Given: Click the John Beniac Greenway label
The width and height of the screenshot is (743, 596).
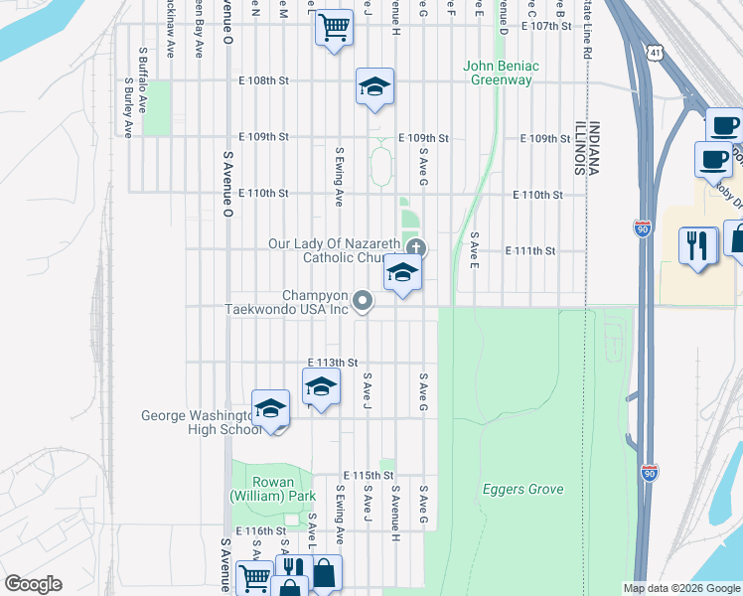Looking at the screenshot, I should (501, 73).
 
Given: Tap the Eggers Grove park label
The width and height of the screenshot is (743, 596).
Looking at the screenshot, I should (522, 489).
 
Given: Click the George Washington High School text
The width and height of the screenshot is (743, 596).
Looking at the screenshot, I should (202, 422).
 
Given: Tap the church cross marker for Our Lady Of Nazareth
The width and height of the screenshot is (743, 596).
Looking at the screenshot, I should (416, 247).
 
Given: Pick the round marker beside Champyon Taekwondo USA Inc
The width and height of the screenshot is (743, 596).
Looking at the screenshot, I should (364, 300).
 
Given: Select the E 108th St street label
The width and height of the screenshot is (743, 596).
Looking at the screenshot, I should (261, 80).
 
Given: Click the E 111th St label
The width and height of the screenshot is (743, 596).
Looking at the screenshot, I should (529, 251).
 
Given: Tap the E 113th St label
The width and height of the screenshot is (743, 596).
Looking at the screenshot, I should (332, 363).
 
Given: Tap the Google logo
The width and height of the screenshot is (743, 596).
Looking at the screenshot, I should (33, 583).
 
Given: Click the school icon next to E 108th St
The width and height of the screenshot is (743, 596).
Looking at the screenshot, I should (374, 87).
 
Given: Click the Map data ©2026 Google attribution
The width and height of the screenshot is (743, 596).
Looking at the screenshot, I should (681, 588).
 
